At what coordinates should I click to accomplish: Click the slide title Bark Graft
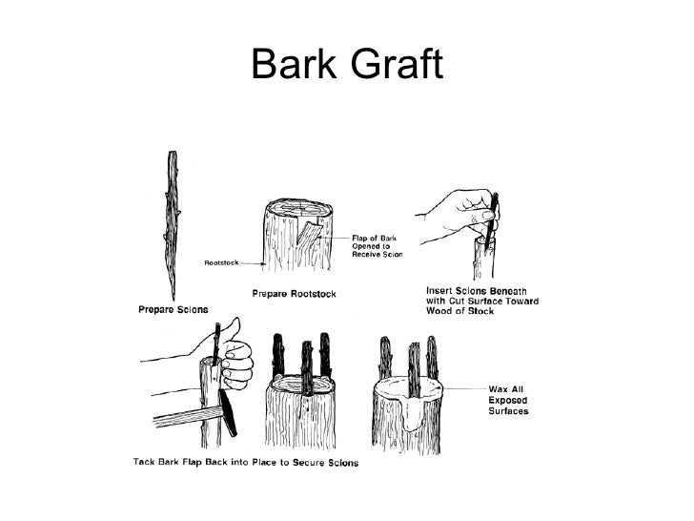(346, 65)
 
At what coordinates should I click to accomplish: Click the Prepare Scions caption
(169, 308)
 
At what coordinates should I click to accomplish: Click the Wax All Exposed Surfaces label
(510, 400)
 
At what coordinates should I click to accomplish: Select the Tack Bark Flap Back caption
(245, 463)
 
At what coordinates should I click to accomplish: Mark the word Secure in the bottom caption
(311, 463)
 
